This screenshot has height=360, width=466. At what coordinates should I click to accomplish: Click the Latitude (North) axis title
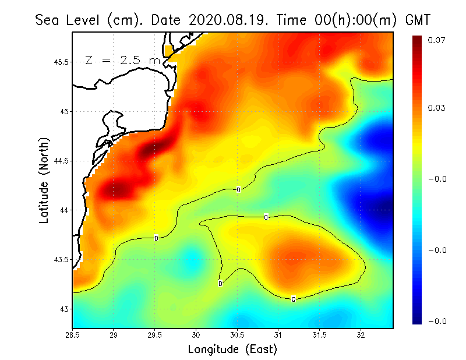click(x=44, y=180)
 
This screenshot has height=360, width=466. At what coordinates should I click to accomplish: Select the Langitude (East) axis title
click(x=232, y=350)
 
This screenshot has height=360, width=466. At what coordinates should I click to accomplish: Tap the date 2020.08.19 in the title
click(x=225, y=20)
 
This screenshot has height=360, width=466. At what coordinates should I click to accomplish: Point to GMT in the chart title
click(x=416, y=20)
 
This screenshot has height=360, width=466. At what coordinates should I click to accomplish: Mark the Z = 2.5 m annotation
click(x=122, y=60)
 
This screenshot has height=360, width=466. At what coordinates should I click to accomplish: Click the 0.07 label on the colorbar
click(x=437, y=40)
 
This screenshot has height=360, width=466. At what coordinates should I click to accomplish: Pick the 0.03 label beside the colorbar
click(x=437, y=108)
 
